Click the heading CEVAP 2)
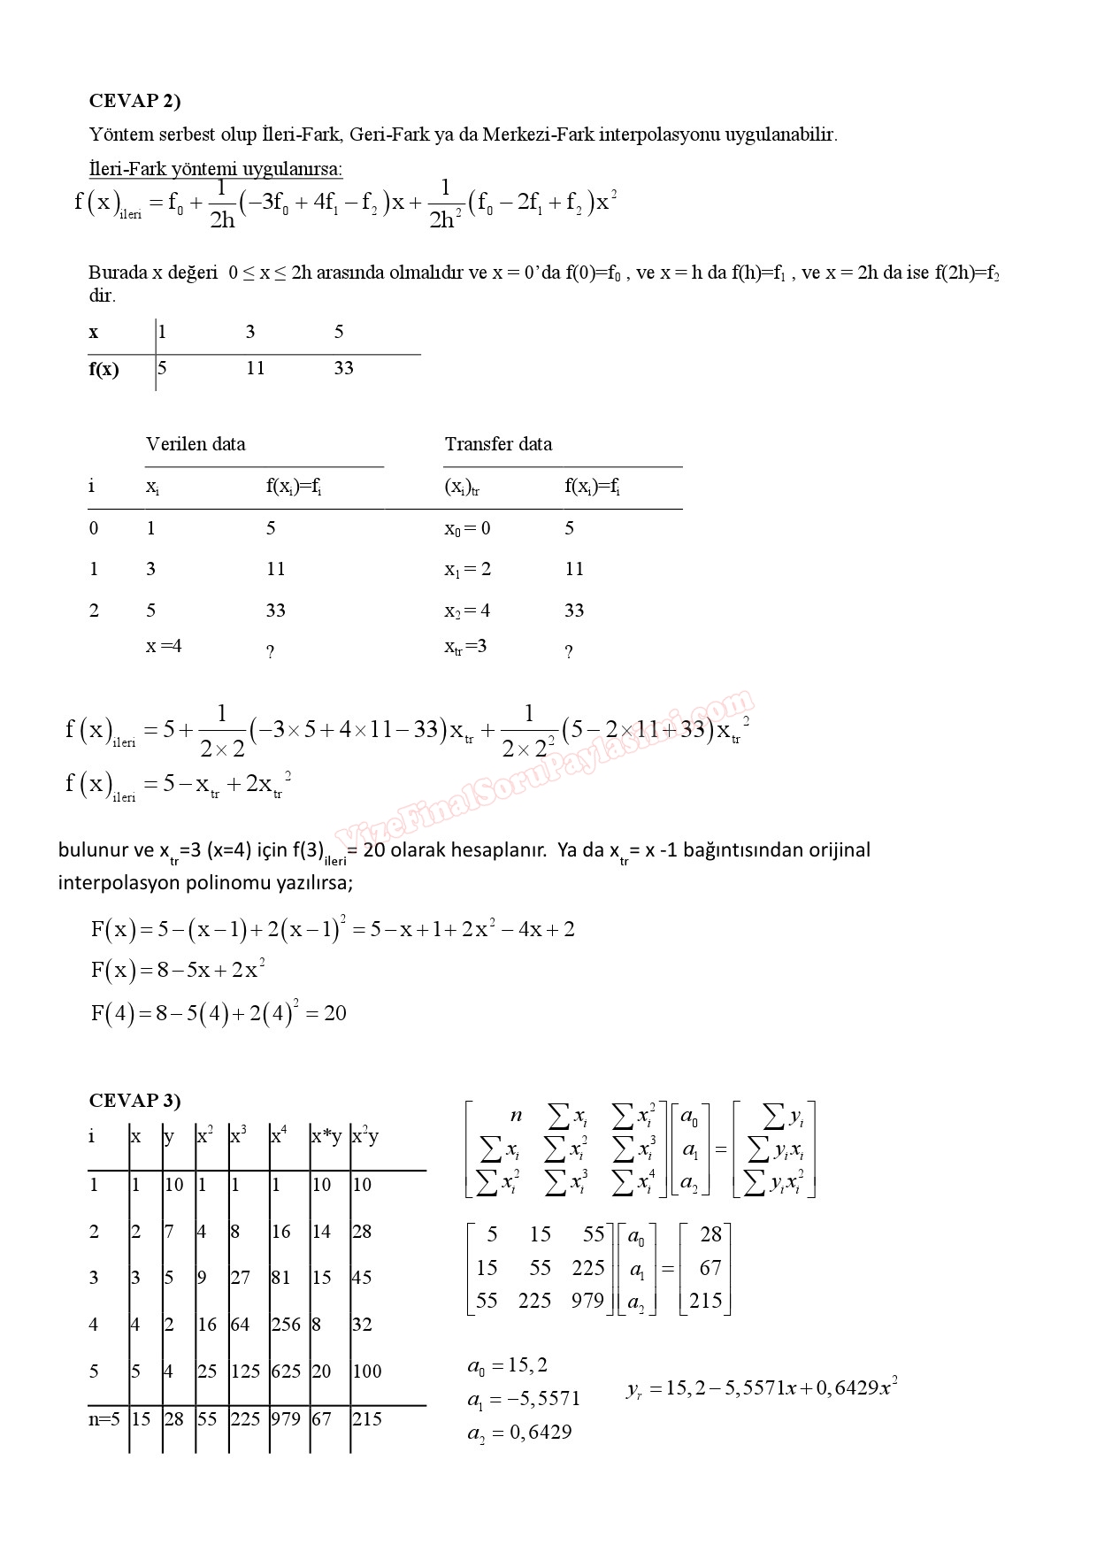pos(134,101)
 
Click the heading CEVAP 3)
pos(134,1100)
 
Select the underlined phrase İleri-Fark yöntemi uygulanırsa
pos(216,169)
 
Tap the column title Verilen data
pos(196,444)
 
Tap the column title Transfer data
pos(498,444)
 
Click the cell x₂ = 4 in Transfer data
pos(467,611)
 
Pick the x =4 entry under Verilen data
pos(164,646)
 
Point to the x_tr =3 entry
pos(465,647)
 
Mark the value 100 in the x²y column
pos(366,1371)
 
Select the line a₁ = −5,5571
pos(524,1399)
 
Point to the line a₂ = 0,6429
pos(519,1433)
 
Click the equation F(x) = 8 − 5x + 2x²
pos(178,970)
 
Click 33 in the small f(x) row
pos(343,368)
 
